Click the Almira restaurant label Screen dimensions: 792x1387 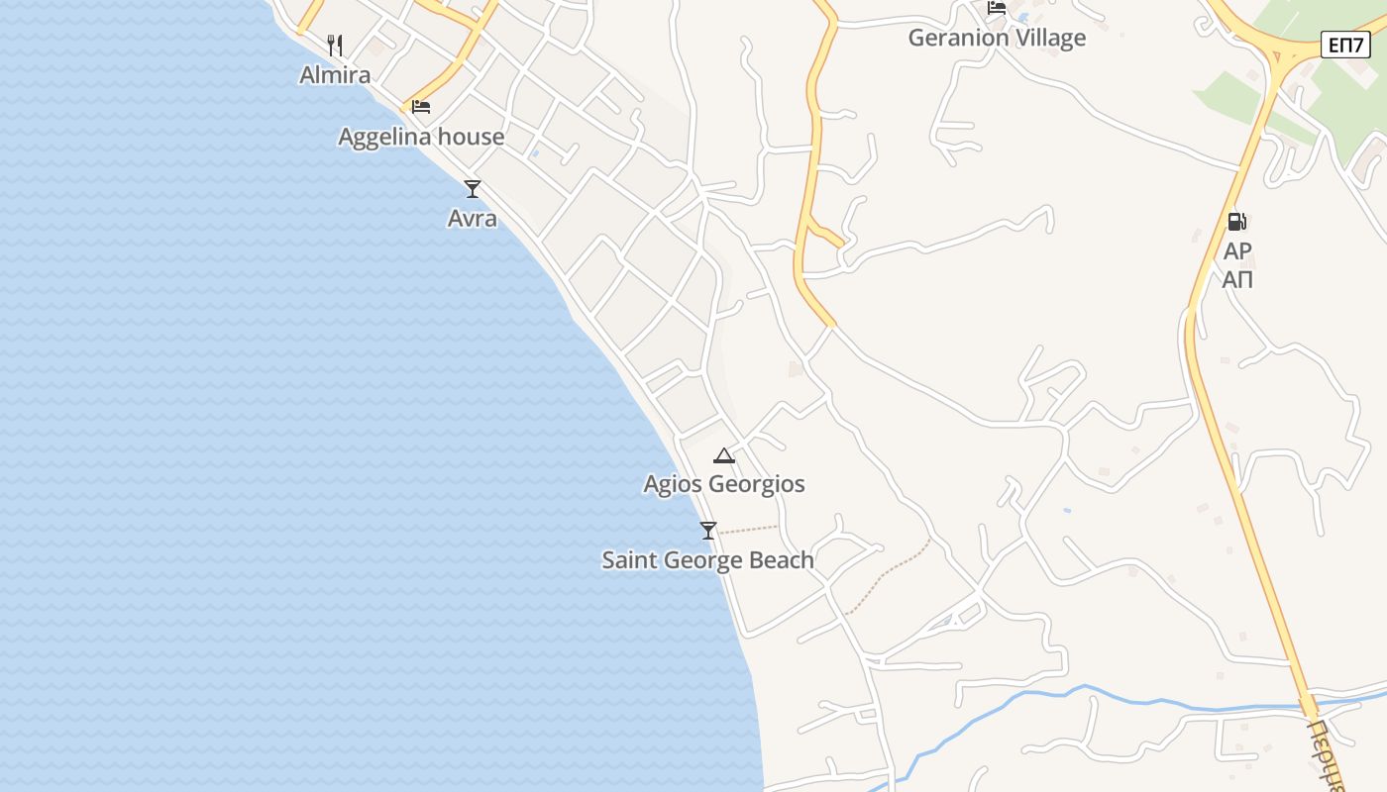pos(335,74)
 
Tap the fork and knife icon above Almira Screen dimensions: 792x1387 pos(335,45)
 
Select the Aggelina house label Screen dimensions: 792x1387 pos(421,137)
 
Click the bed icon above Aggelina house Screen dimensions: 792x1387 pos(421,106)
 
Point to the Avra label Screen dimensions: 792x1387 pos(472,218)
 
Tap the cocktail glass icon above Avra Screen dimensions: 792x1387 pos(473,188)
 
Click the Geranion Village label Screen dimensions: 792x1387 pos(997,38)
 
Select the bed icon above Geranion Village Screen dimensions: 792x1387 pos(997,8)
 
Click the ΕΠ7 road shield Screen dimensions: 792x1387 pos(1345,45)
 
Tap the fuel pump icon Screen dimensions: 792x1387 pos(1236,222)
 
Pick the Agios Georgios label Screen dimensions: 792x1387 pos(723,484)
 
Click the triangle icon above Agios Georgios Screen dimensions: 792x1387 pos(724,455)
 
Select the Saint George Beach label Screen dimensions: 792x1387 pos(707,560)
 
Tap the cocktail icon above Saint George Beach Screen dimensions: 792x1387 pos(707,531)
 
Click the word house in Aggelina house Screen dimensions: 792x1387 pos(472,137)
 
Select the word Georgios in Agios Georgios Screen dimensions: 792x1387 pos(758,484)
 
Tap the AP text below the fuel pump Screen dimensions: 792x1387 pos(1237,251)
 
